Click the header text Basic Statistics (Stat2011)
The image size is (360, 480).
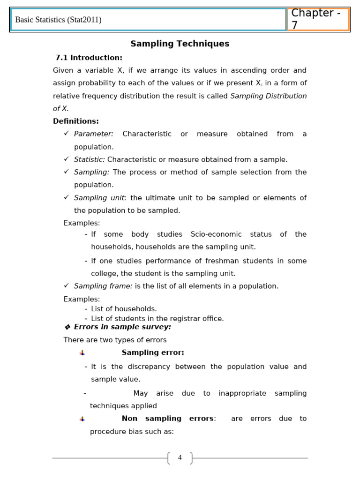pyautogui.click(x=58, y=20)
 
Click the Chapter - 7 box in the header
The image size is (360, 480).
pyautogui.click(x=318, y=19)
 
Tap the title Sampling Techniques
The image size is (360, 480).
pyautogui.click(x=180, y=44)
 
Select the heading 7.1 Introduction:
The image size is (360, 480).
pyautogui.click(x=89, y=58)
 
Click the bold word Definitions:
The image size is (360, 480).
pyautogui.click(x=76, y=121)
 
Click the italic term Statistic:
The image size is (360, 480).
pyautogui.click(x=90, y=159)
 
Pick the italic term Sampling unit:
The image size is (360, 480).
pyautogui.click(x=100, y=198)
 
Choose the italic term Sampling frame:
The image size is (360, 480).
pyautogui.click(x=103, y=286)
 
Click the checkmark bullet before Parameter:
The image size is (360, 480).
pyautogui.click(x=66, y=134)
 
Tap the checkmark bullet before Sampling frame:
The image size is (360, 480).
pyautogui.click(x=66, y=285)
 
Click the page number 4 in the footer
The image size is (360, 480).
pyautogui.click(x=180, y=457)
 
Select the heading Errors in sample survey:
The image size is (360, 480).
pyautogui.click(x=122, y=327)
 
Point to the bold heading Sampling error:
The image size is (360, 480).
pyautogui.click(x=153, y=352)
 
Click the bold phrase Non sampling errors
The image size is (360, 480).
pyautogui.click(x=167, y=419)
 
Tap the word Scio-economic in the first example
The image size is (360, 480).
pyautogui.click(x=216, y=234)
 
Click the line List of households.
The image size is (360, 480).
pyautogui.click(x=124, y=309)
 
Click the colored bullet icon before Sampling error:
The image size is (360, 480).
pyautogui.click(x=82, y=353)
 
